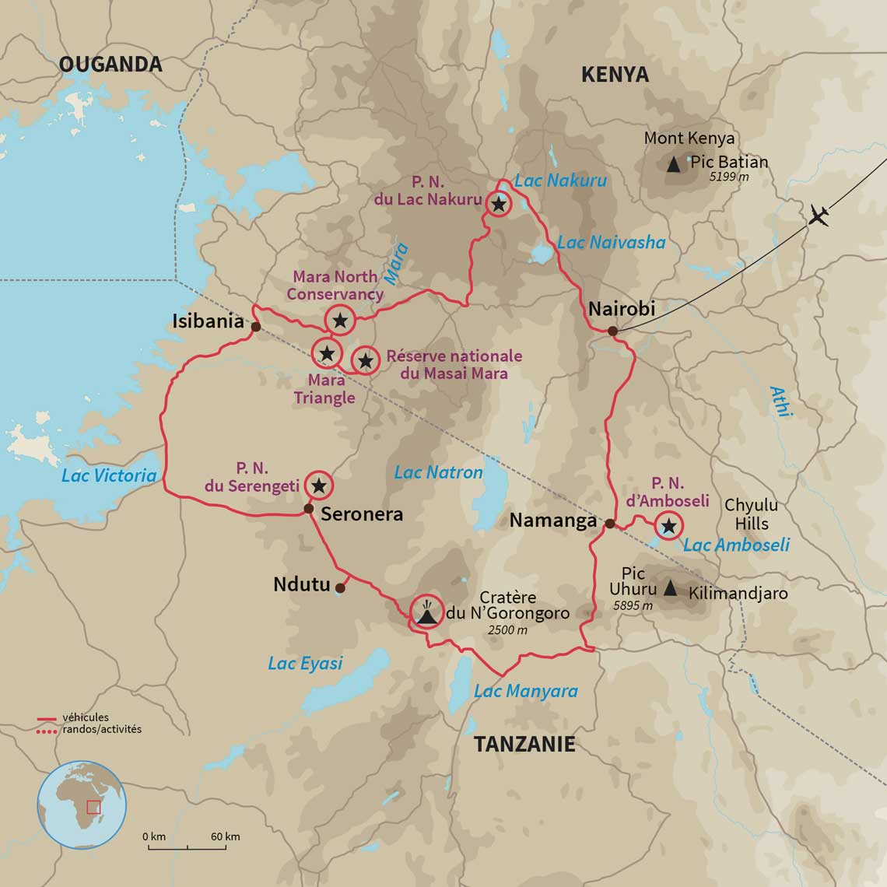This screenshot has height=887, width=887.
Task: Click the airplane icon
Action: [x=819, y=216]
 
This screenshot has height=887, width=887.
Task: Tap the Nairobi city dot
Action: [x=612, y=331]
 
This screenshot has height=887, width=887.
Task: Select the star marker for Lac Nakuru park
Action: [x=498, y=205]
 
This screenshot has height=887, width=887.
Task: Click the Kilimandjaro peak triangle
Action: [x=670, y=587]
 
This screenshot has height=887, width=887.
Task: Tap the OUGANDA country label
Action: [x=110, y=64]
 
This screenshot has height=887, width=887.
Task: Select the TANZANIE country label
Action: [x=525, y=744]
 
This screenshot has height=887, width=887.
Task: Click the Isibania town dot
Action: [x=255, y=327]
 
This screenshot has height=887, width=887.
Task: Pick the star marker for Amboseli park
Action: [x=668, y=527]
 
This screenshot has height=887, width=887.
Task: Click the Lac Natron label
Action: [x=438, y=472]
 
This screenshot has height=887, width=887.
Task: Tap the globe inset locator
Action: [x=82, y=805]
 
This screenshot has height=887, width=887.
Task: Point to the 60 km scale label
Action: [x=226, y=836]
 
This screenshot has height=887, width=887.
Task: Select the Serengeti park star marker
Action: [x=318, y=486]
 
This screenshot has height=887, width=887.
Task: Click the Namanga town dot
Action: [x=610, y=523]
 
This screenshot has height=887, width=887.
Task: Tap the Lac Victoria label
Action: [x=109, y=475]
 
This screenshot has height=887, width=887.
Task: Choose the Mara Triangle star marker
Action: [x=327, y=353]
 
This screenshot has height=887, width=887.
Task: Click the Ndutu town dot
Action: [x=340, y=587]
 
